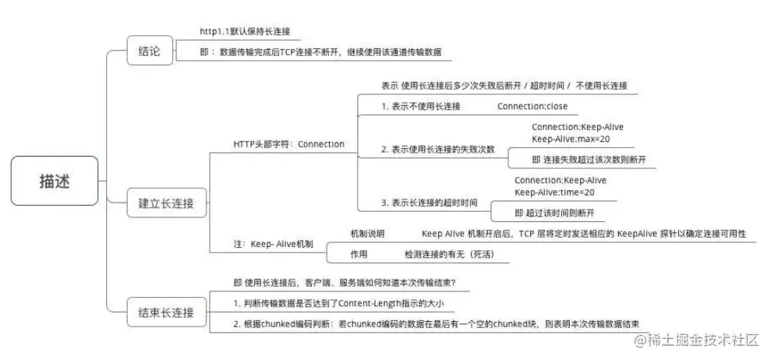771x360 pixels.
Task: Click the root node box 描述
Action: click(x=54, y=181)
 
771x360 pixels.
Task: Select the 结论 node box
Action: click(x=149, y=51)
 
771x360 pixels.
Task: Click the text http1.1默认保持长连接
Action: click(x=244, y=32)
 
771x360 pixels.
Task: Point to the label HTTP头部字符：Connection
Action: click(x=288, y=144)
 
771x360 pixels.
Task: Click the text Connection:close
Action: click(x=532, y=106)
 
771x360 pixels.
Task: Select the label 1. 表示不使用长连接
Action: click(x=421, y=106)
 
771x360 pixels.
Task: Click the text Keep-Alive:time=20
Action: click(x=554, y=192)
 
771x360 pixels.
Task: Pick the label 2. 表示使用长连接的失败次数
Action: click(x=438, y=149)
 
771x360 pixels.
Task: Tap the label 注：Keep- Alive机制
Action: click(x=273, y=244)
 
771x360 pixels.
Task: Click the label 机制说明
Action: click(x=367, y=234)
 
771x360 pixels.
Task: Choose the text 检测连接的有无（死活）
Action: click(x=449, y=254)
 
